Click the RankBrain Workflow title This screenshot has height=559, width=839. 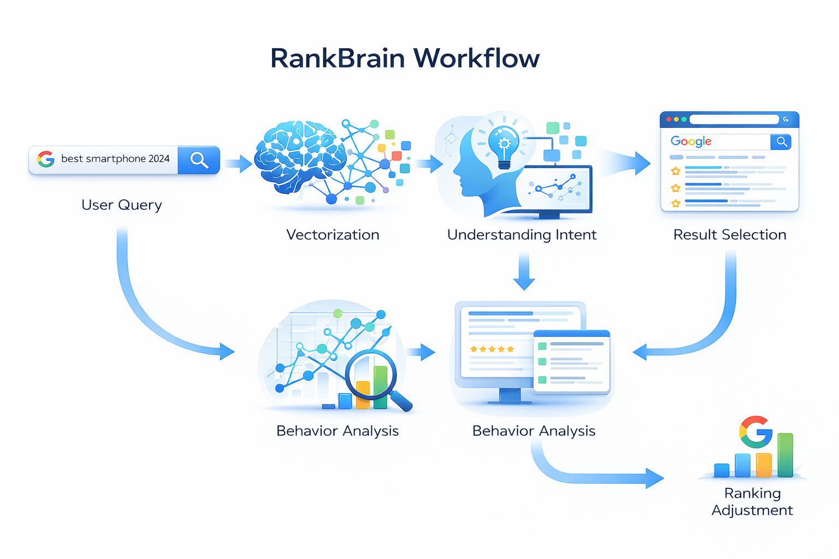pos(405,58)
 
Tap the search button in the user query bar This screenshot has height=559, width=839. pos(199,160)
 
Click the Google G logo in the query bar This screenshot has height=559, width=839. pos(46,159)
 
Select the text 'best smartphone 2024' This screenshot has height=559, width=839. pos(115,159)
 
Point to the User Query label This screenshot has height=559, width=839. pos(121,205)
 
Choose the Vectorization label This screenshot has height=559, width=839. pos(332,235)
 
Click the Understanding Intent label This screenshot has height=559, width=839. pos(522,235)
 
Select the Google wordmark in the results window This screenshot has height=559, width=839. pos(691,141)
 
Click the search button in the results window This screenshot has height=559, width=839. pos(782,142)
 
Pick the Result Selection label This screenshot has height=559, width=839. pos(730,235)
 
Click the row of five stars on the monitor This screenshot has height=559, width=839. pos(492,349)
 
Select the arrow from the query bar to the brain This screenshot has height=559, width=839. pos(238,163)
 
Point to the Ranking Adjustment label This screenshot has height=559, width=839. pos(752,501)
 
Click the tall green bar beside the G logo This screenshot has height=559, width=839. pos(785,455)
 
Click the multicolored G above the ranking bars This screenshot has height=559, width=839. pos(755,432)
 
